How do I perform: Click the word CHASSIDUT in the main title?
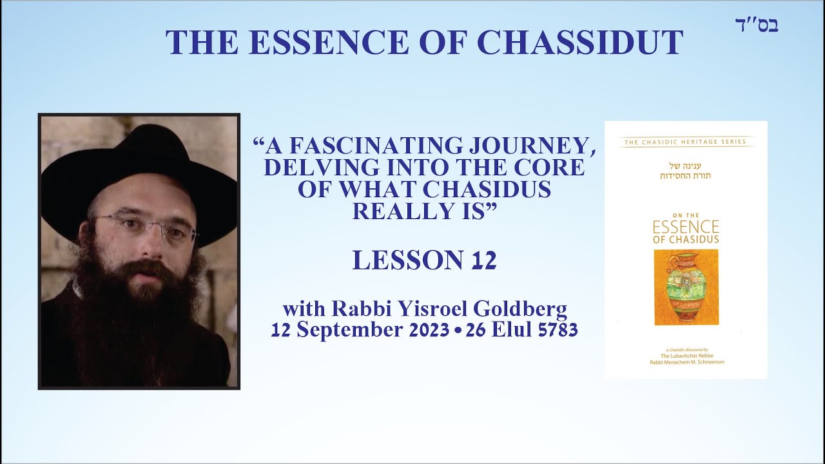point(579,43)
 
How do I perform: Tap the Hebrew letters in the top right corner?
point(757,25)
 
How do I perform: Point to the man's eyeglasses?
point(142,226)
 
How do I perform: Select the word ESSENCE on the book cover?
point(686,227)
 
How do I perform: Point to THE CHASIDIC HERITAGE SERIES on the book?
point(686,142)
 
